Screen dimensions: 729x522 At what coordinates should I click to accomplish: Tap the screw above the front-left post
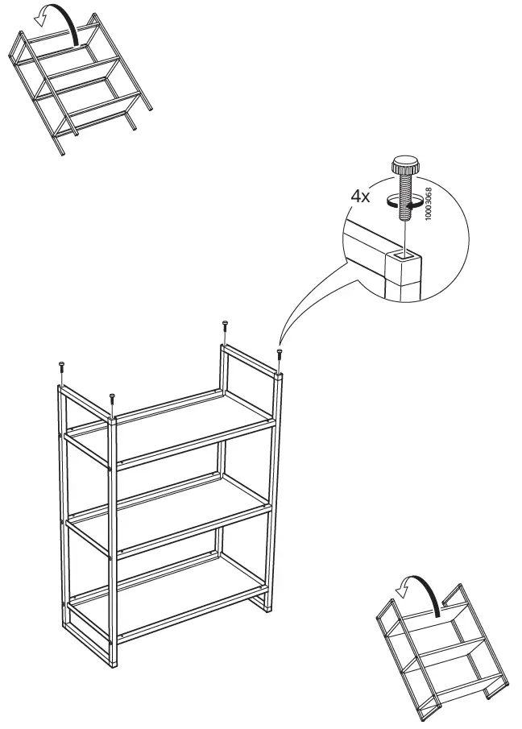tap(112, 400)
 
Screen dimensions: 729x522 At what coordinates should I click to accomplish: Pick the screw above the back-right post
tap(224, 327)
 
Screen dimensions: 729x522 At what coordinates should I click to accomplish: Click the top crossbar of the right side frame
tap(251, 359)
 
